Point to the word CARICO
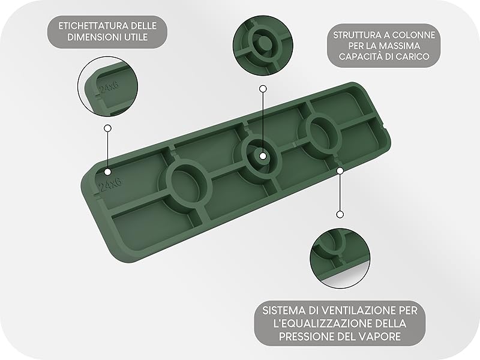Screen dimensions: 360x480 coord(419,58)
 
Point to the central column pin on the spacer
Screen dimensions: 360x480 coord(262,154)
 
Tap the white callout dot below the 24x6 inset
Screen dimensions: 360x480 coord(107,128)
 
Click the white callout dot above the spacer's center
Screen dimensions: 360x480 coord(262,89)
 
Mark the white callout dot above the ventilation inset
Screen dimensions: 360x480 coord(340,214)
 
